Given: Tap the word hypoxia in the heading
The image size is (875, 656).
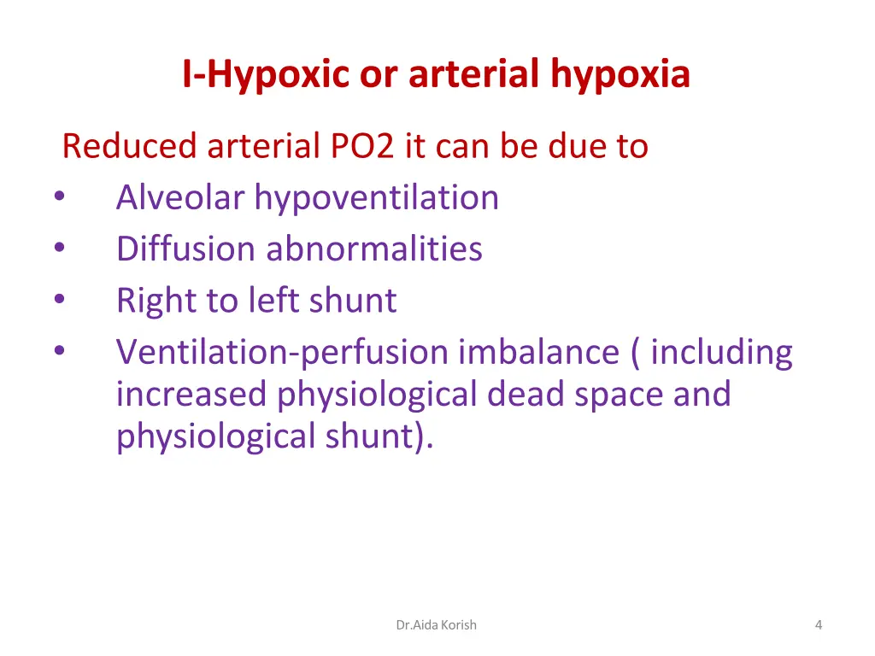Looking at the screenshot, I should tap(620, 75).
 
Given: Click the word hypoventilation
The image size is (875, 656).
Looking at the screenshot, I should tap(377, 197).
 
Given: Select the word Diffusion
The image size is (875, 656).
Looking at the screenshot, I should tap(185, 249).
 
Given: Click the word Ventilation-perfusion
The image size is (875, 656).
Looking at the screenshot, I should tap(282, 352).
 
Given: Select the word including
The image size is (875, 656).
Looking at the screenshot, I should tap(721, 352).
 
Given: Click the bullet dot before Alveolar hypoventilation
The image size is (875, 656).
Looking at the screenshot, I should tap(57, 197).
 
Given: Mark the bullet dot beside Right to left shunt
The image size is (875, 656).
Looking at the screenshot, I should tap(57, 300).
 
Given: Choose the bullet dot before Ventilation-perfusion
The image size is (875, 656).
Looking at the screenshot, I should tap(57, 352).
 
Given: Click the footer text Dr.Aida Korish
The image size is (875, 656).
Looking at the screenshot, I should tap(437, 624).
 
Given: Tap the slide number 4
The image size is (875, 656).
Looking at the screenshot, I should tap(819, 624).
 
